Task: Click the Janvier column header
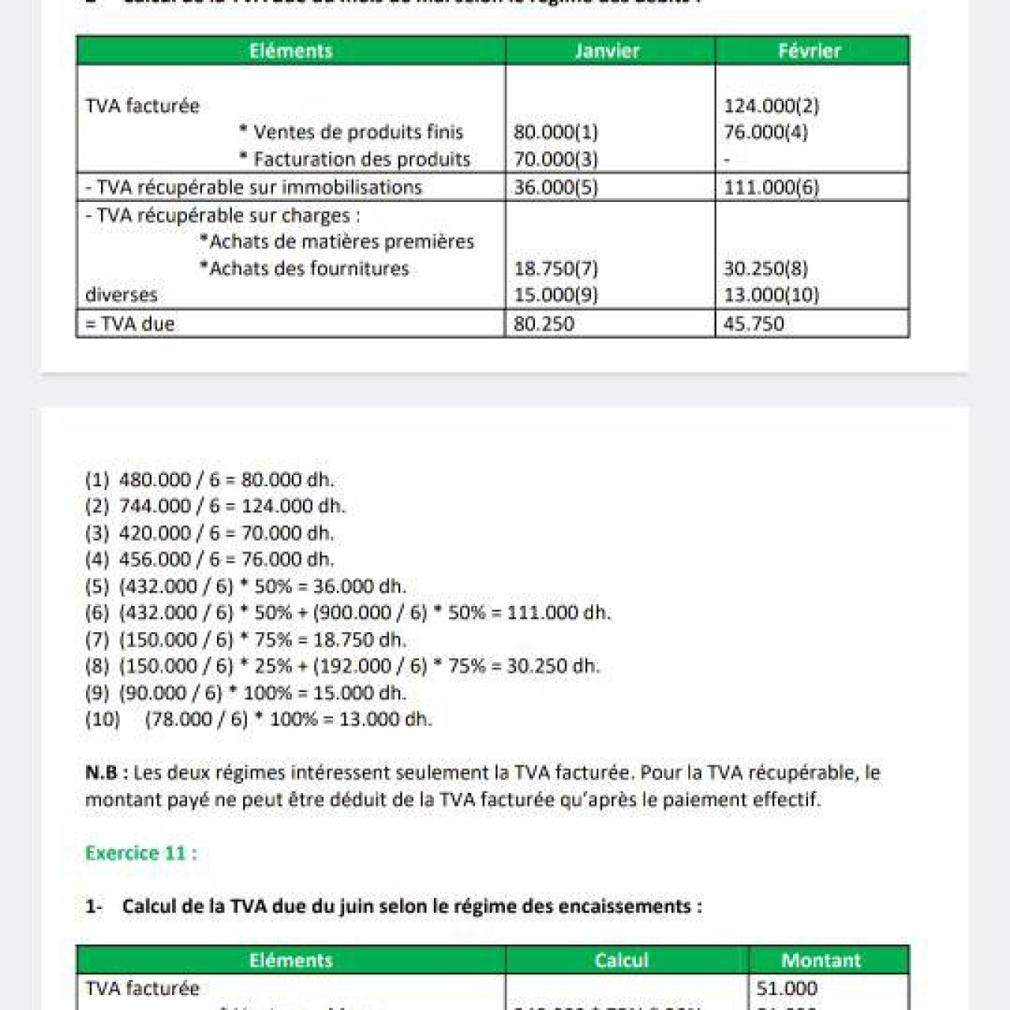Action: click(x=607, y=51)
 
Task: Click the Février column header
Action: click(x=810, y=51)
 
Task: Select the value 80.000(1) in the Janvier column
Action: click(x=555, y=132)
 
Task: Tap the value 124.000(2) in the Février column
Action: click(x=771, y=106)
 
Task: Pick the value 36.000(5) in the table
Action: click(x=555, y=187)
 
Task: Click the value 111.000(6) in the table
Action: click(x=771, y=187)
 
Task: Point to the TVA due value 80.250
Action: click(x=544, y=324)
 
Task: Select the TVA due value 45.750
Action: click(x=754, y=324)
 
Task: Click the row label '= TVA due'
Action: click(x=130, y=324)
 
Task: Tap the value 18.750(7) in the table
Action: click(x=555, y=268)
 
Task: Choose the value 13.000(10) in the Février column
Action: click(x=771, y=295)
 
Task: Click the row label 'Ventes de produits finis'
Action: click(x=357, y=132)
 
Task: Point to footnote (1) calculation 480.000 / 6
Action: click(x=210, y=480)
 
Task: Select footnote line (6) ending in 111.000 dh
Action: click(x=348, y=612)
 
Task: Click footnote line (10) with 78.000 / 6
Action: click(x=259, y=719)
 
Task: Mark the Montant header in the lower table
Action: click(x=821, y=960)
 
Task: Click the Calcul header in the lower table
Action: click(x=621, y=960)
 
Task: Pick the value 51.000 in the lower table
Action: click(x=786, y=988)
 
